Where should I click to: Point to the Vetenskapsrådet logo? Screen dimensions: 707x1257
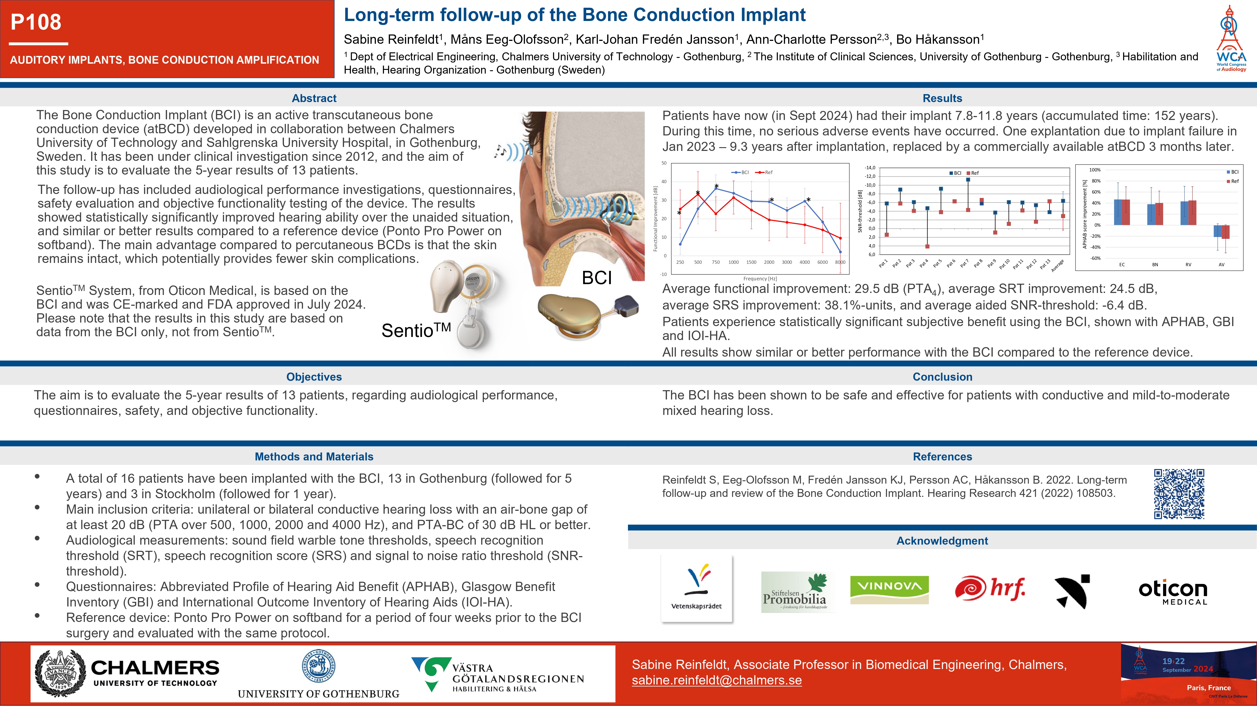click(x=696, y=588)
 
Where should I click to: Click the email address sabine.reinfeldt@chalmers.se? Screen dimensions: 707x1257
click(x=716, y=680)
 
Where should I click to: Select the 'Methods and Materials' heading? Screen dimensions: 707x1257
click(x=314, y=457)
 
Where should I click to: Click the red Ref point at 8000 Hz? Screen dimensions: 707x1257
click(x=840, y=238)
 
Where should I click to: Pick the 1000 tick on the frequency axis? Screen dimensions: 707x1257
click(x=733, y=262)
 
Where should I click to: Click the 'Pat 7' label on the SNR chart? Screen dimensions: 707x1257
click(x=964, y=264)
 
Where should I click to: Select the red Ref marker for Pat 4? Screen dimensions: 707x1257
click(x=927, y=246)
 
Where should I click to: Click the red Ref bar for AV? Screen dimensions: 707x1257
click(x=1225, y=232)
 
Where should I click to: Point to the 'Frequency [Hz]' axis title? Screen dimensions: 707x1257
click(x=760, y=279)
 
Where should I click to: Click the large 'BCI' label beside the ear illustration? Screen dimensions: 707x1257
click(x=596, y=278)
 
